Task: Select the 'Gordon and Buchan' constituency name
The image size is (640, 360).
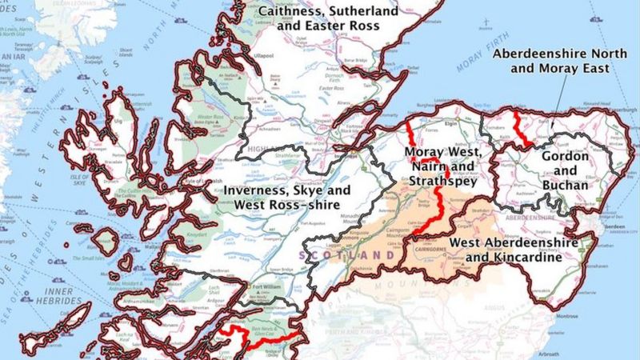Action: pos(566,170)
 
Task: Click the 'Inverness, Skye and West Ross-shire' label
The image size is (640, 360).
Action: pos(286,198)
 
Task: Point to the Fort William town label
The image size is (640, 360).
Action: pos(271,288)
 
